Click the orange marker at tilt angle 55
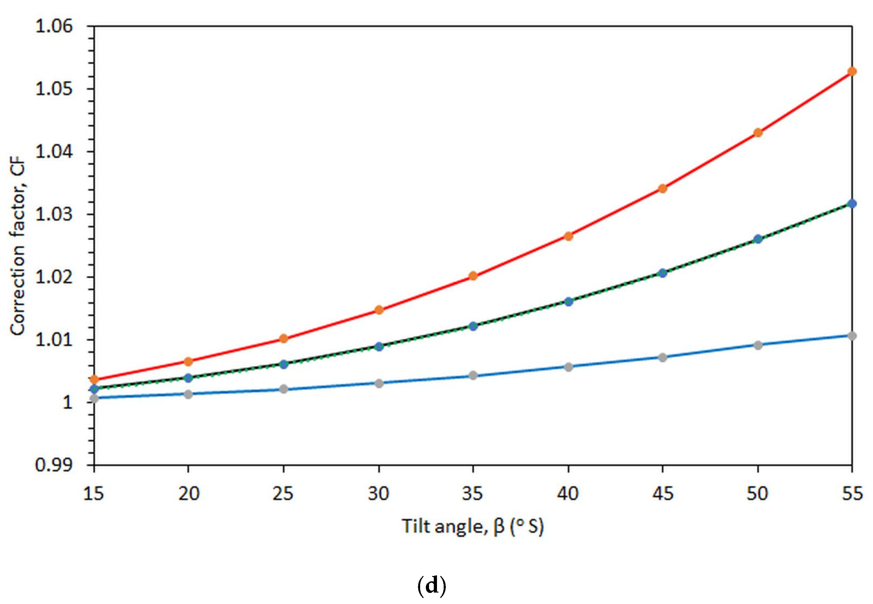[x=852, y=71]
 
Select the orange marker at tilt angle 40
[x=568, y=236]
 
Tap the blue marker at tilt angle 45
[x=663, y=273]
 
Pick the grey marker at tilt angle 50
[x=758, y=345]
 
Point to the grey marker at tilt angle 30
[x=379, y=383]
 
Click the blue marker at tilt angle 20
[x=188, y=378]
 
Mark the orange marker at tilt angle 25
[x=284, y=338]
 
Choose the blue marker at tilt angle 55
[x=852, y=204]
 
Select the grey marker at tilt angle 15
[x=94, y=398]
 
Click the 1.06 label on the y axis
[x=54, y=26]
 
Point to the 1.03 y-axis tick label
[x=54, y=214]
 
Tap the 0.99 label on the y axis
[x=54, y=465]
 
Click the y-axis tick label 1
[x=67, y=402]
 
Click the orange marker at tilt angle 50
[x=758, y=133]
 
